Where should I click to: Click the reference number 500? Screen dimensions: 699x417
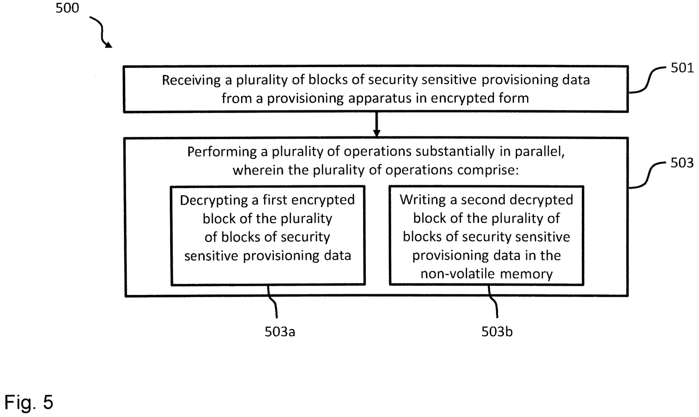coord(68,8)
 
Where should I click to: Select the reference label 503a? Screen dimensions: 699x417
coord(280,331)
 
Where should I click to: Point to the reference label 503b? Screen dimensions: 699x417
coord(497,331)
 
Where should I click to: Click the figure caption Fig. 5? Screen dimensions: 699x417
coord(29,402)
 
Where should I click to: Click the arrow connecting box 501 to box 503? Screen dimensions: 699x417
coord(377,125)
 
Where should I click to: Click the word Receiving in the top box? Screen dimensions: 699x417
coord(191,80)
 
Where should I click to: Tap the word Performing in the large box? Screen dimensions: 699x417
coord(222,152)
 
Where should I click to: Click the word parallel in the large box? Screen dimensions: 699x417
coord(539,152)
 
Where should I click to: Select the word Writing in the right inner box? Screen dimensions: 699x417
coord(423,200)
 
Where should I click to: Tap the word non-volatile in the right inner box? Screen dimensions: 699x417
coord(458,274)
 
